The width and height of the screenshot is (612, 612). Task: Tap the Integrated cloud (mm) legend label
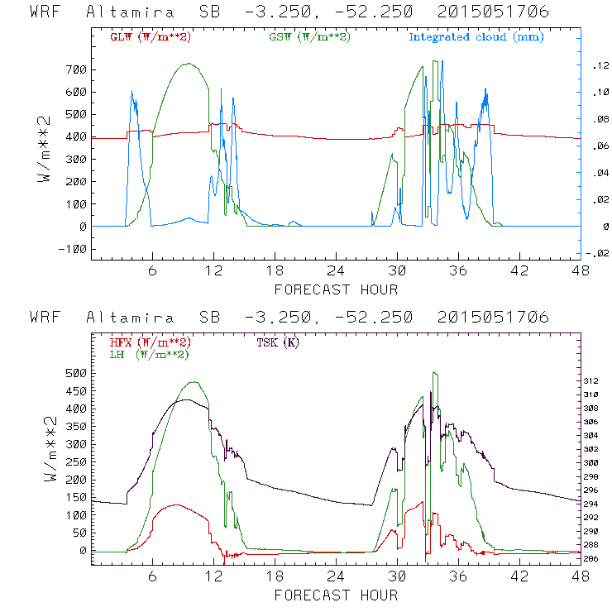pyautogui.click(x=476, y=37)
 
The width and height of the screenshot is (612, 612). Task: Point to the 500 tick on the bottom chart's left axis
pyautogui.click(x=75, y=373)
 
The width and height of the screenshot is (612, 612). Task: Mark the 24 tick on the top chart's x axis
pyautogui.click(x=335, y=270)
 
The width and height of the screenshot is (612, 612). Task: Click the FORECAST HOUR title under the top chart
pyautogui.click(x=336, y=289)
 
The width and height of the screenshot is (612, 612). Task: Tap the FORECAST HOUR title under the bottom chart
pyautogui.click(x=336, y=595)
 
